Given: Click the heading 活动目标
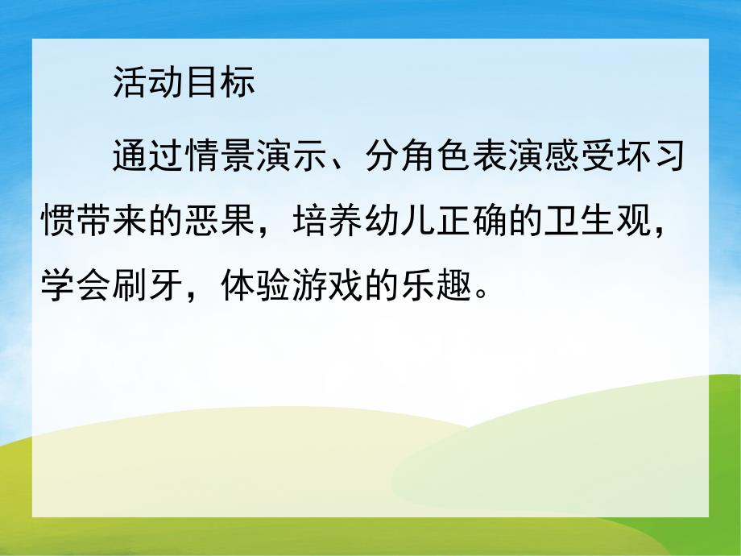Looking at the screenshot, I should coord(184,82).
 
